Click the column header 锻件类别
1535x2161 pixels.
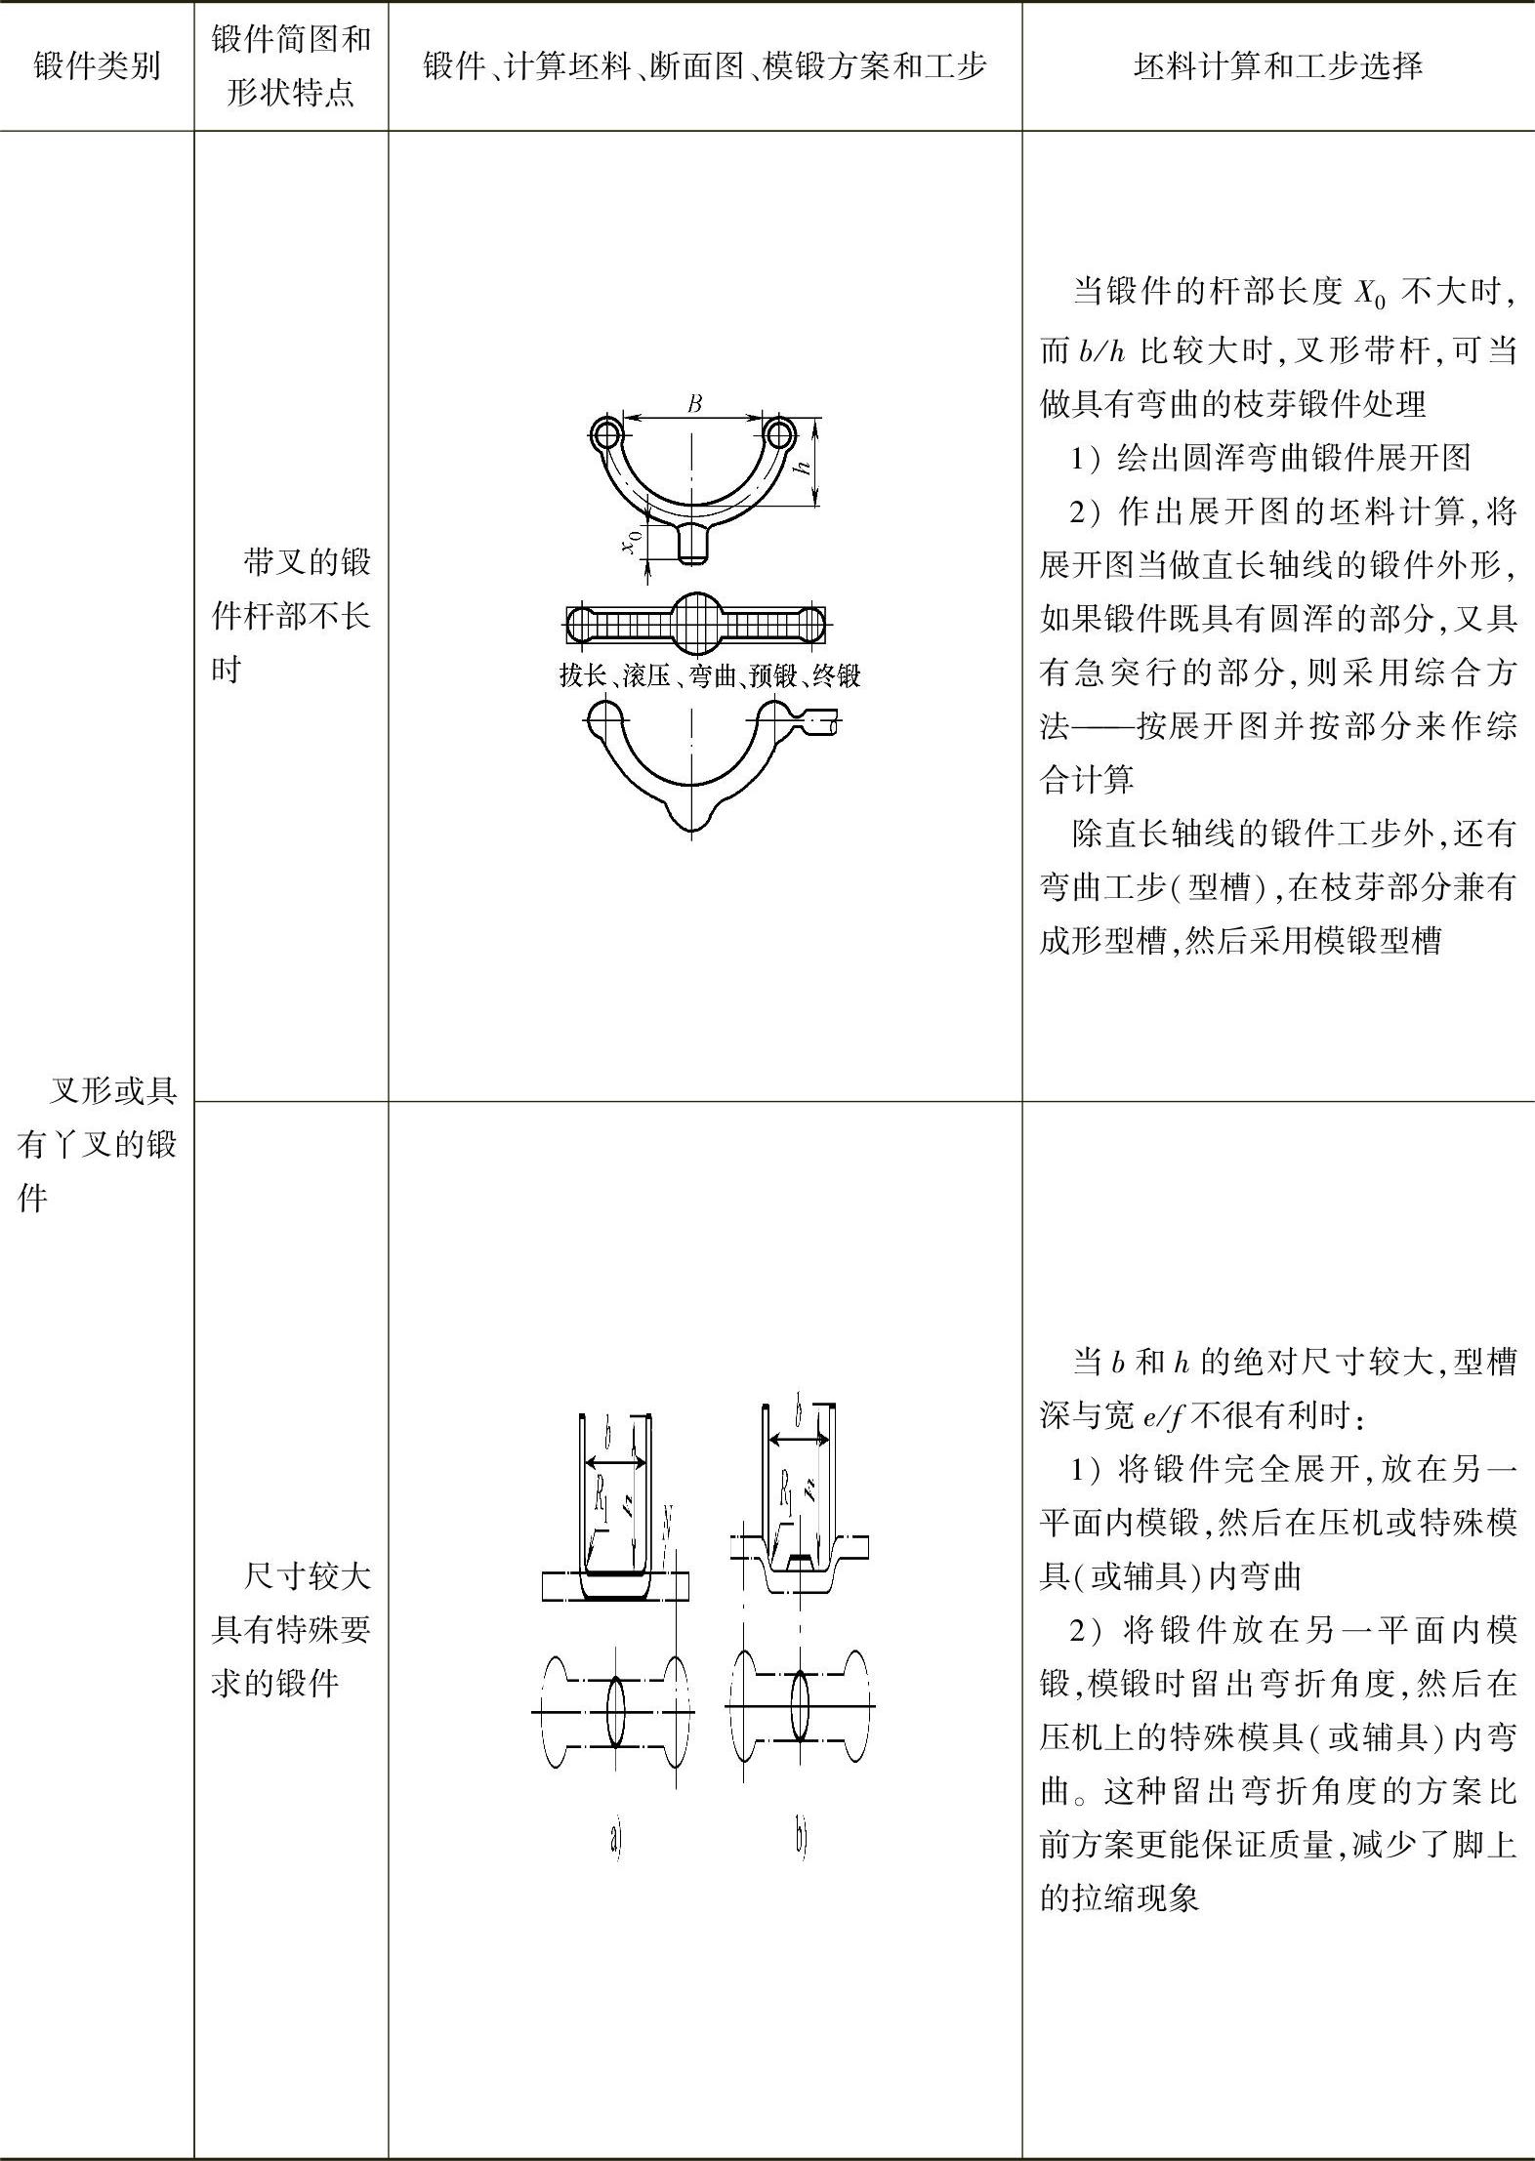tap(97, 67)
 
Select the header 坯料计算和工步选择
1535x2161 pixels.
tap(1278, 67)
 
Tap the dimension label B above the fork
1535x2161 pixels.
tap(694, 403)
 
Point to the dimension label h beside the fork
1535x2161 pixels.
tap(804, 466)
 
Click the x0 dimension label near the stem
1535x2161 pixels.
tap(633, 540)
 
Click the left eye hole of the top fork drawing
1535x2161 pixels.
tap(607, 432)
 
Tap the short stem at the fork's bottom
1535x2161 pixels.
tap(693, 543)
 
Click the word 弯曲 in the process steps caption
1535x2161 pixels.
tap(710, 675)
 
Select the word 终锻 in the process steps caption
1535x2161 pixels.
tap(836, 675)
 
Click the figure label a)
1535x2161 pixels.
tap(615, 1839)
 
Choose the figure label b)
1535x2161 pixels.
tap(802, 1839)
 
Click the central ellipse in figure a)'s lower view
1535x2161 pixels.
tap(616, 1711)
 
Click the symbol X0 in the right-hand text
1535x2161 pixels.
tap(1371, 295)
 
